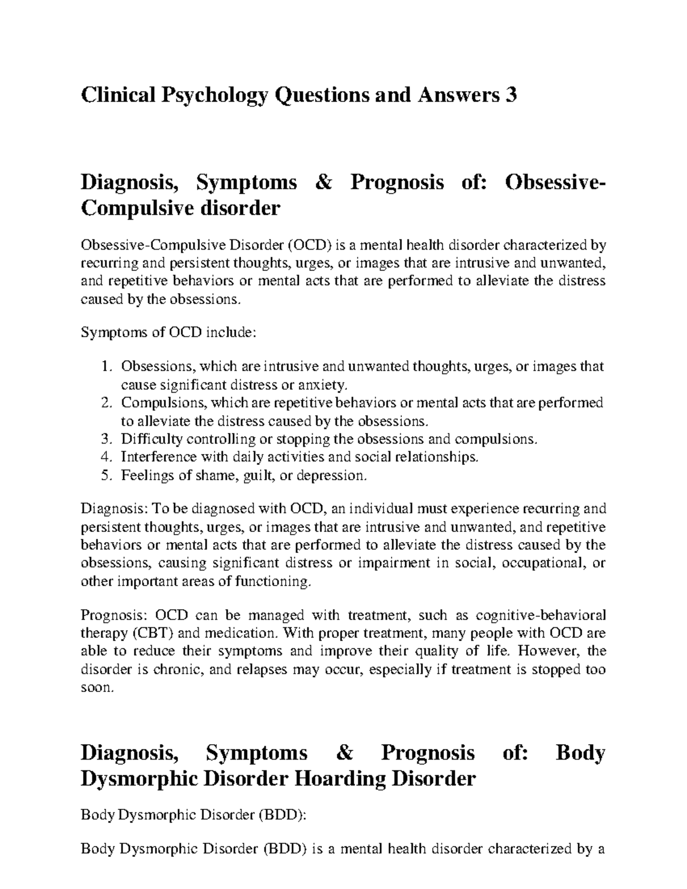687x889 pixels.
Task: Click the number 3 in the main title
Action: (511, 94)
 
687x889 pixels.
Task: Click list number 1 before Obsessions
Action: (105, 366)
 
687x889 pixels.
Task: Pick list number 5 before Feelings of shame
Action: (105, 476)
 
